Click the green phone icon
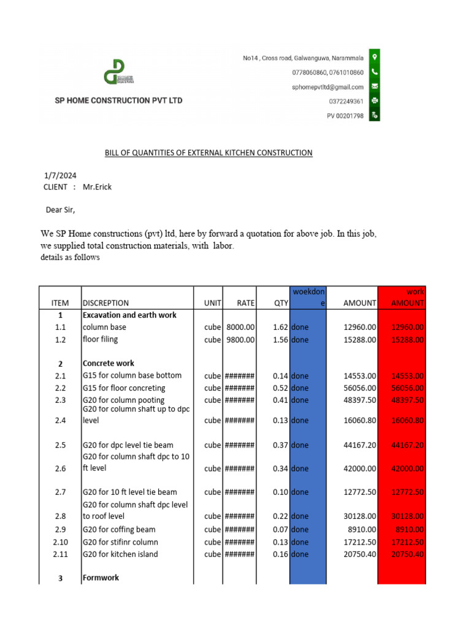click(x=374, y=72)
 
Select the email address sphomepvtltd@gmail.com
click(x=327, y=87)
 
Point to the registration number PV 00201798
click(x=345, y=115)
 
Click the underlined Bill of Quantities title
click(x=208, y=153)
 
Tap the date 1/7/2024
click(x=60, y=175)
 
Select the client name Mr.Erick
click(x=98, y=187)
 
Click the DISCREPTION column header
click(x=105, y=303)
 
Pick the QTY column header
click(x=280, y=303)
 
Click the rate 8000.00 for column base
click(x=240, y=327)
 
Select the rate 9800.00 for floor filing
click(x=240, y=340)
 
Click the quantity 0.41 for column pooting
click(x=280, y=400)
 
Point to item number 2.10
click(x=60, y=542)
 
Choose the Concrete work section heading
click(x=109, y=364)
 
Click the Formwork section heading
click(x=101, y=578)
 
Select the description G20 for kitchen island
click(x=120, y=554)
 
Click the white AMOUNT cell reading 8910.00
click(x=360, y=529)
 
